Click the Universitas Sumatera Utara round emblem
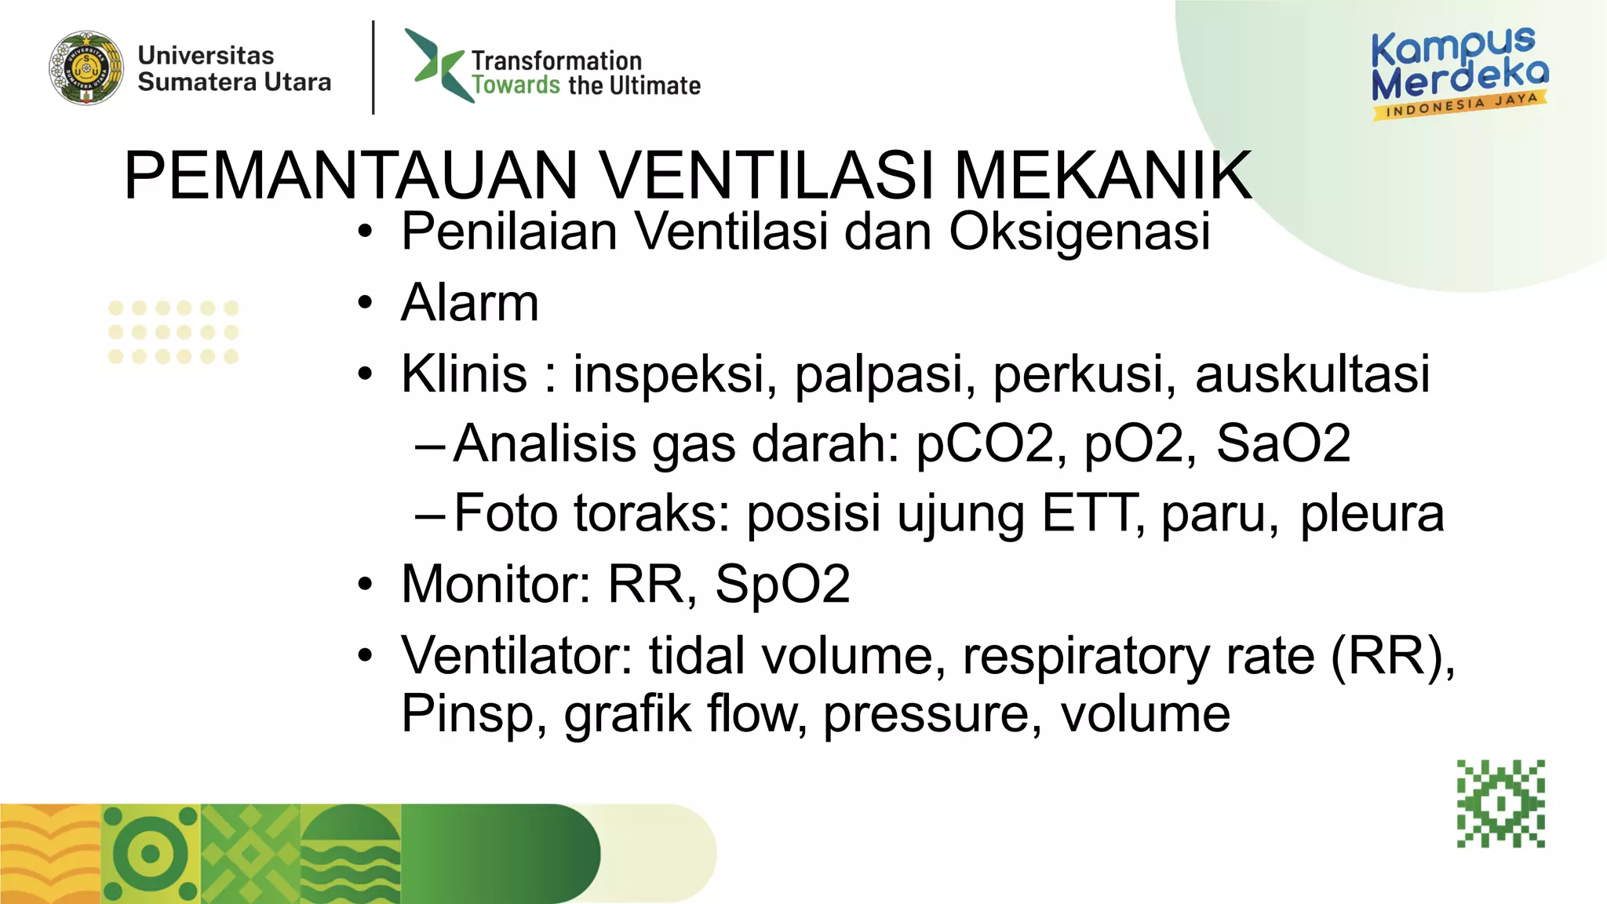click(86, 68)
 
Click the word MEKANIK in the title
click(1102, 176)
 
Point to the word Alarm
click(469, 303)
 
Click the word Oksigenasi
click(1080, 231)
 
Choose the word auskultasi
click(1312, 374)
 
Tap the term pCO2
click(991, 444)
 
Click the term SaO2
click(1283, 444)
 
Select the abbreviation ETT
click(1088, 514)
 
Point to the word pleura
click(1371, 514)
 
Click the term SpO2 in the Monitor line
click(782, 585)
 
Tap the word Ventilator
click(516, 655)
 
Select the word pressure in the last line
click(932, 714)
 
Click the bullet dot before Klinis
click(365, 374)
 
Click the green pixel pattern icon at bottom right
click(1500, 804)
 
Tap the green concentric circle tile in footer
click(151, 854)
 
